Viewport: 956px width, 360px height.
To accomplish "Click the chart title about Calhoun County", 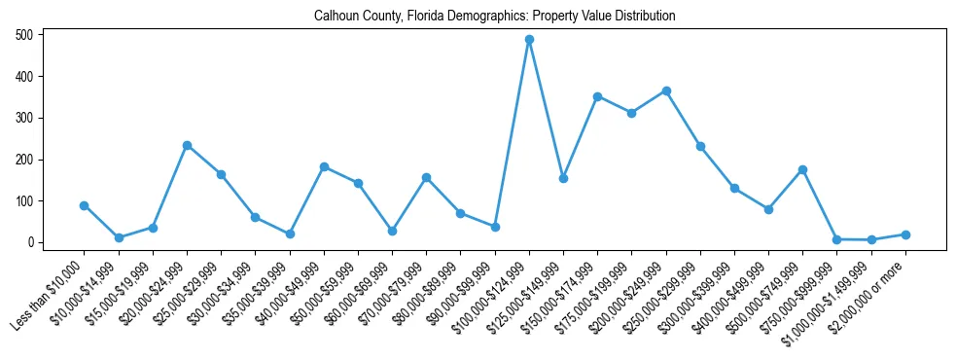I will [494, 17].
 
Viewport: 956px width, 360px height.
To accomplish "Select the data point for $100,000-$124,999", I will [529, 40].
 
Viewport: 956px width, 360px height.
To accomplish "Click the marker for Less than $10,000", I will [85, 205].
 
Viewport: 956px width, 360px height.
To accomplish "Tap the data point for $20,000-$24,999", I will [187, 145].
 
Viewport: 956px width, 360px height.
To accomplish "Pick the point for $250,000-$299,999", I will [700, 146].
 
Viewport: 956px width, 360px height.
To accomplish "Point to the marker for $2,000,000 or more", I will [905, 234].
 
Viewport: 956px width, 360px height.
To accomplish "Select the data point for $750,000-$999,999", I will [836, 239].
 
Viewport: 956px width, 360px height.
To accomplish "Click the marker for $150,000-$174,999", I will [597, 96].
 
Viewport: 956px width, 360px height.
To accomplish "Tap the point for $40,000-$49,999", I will [324, 166].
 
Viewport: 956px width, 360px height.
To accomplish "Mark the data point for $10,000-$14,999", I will [119, 237].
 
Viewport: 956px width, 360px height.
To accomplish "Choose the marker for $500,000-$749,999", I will [802, 169].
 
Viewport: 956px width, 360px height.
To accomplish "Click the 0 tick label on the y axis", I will [32, 242].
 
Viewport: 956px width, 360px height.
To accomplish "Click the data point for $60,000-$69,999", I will [392, 231].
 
